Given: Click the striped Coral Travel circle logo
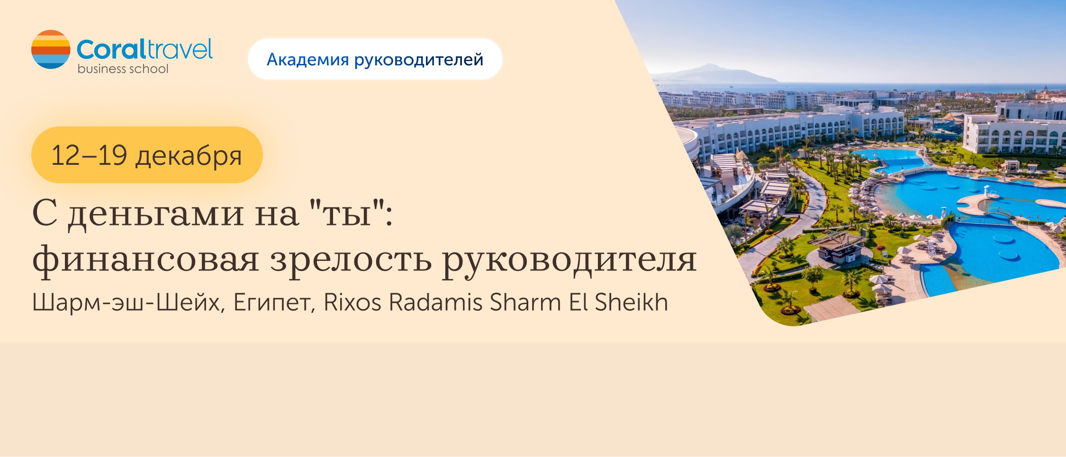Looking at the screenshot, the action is tap(51, 49).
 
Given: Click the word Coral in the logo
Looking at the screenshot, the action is tap(111, 50).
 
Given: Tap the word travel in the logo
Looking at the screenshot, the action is tap(180, 49).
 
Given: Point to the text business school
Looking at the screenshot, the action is tap(123, 69).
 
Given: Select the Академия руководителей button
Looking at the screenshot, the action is tap(375, 59).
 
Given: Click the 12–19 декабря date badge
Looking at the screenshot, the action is tap(147, 155).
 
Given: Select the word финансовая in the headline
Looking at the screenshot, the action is tap(146, 260).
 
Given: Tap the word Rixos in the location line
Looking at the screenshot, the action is tap(352, 302).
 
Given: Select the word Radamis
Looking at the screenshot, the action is tap(436, 302).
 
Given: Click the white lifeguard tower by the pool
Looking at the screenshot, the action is tap(986, 192).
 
